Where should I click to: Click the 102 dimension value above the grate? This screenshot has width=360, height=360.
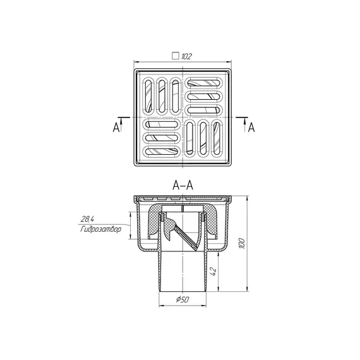(x=186, y=56)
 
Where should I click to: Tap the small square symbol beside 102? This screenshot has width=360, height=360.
(x=176, y=56)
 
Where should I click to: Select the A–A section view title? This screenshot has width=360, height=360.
(x=183, y=185)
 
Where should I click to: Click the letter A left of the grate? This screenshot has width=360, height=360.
(x=116, y=127)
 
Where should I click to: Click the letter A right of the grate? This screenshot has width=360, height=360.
(x=251, y=127)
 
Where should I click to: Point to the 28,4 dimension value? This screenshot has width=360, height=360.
(x=87, y=219)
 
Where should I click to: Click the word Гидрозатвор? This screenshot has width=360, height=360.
(x=100, y=229)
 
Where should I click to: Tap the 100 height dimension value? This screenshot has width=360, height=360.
(x=242, y=243)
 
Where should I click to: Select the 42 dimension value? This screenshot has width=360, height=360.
(x=213, y=271)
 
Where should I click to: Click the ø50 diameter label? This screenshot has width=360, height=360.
(x=183, y=299)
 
